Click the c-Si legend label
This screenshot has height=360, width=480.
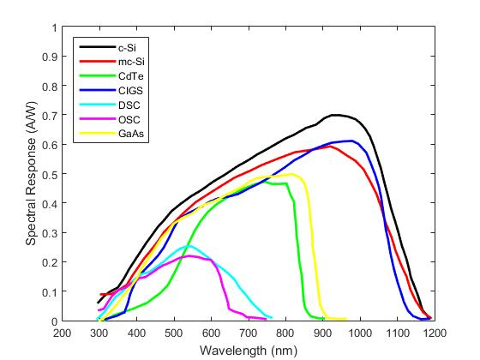click(x=127, y=48)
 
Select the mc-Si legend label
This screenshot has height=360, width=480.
click(x=131, y=62)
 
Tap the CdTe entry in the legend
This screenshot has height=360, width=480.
click(x=130, y=76)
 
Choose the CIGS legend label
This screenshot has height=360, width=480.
click(x=130, y=91)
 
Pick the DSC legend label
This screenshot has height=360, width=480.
click(x=129, y=105)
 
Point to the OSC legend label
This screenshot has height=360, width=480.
click(x=129, y=119)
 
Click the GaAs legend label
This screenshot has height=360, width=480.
click(x=131, y=134)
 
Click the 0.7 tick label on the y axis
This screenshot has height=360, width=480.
click(x=50, y=115)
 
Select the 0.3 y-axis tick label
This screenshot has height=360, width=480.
click(x=50, y=232)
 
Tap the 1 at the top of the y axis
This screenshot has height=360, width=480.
click(x=55, y=27)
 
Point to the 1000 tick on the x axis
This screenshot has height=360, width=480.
click(x=360, y=333)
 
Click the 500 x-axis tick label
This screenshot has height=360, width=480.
click(x=174, y=333)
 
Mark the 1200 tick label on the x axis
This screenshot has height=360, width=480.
click(x=435, y=333)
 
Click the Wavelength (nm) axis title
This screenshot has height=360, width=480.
click(x=249, y=351)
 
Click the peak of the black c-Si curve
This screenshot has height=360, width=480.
click(x=336, y=115)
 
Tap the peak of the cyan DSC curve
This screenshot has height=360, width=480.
click(x=188, y=246)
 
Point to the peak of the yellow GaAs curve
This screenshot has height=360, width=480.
click(x=291, y=174)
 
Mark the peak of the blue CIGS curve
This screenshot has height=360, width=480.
click(x=352, y=141)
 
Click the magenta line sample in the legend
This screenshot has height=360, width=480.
click(x=98, y=118)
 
